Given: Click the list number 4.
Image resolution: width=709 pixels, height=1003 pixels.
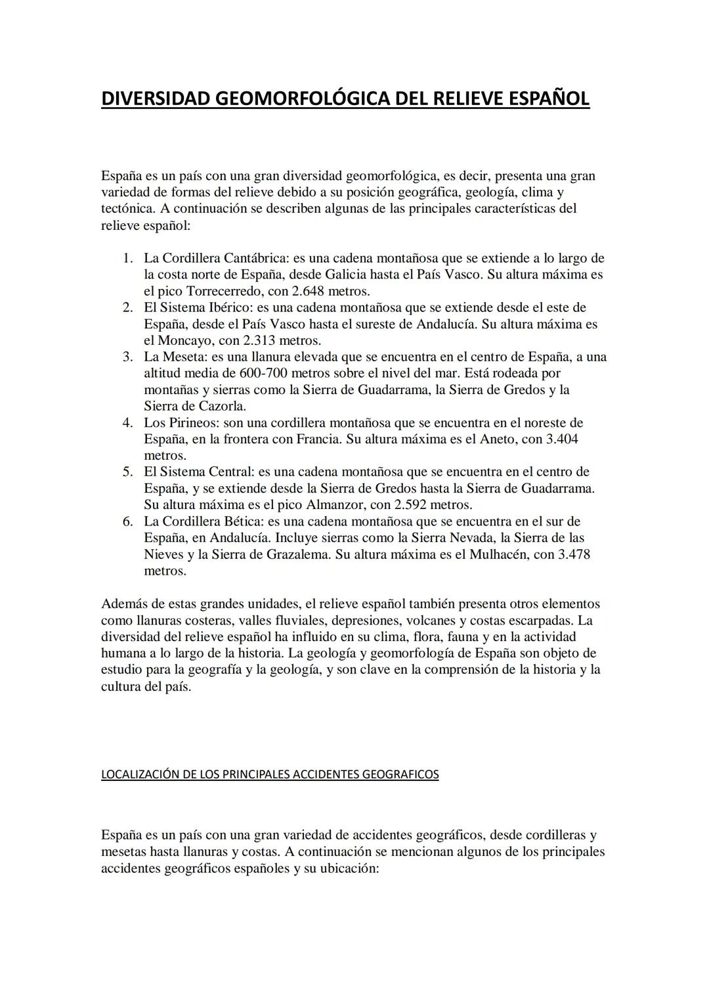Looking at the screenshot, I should point(129,422).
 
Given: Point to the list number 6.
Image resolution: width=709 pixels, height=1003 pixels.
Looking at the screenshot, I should point(129,522).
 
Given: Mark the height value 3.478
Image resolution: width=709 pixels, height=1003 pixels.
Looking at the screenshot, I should point(574,554).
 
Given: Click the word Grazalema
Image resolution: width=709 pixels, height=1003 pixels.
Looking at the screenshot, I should point(299,554).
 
